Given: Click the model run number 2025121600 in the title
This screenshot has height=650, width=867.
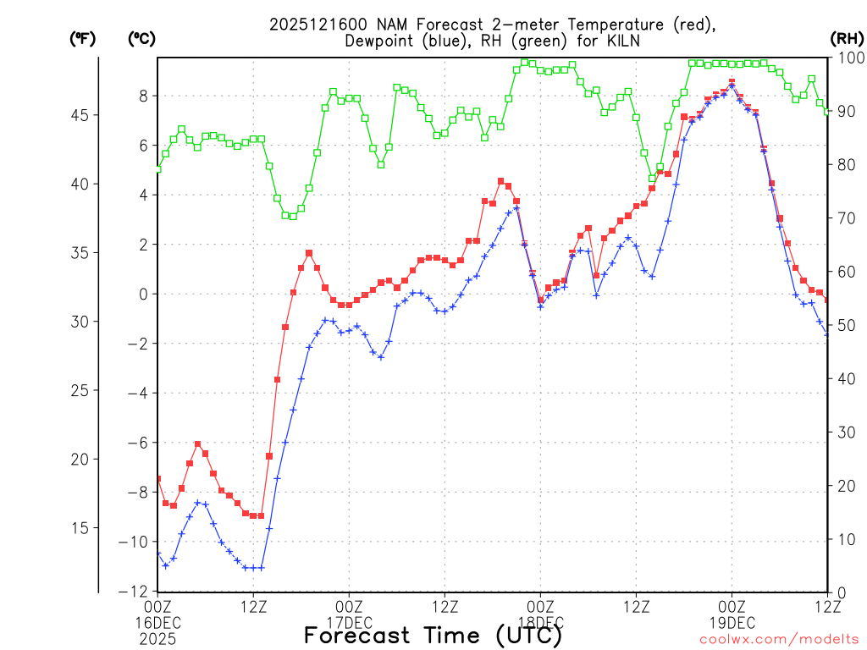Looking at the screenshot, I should [315, 25].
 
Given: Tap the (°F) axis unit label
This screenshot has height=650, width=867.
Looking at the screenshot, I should [83, 38].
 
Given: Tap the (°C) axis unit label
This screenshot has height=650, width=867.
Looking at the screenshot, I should [141, 38].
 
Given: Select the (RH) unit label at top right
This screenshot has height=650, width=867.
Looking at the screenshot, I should [847, 38].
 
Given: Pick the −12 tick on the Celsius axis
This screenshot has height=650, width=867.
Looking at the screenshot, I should [138, 591].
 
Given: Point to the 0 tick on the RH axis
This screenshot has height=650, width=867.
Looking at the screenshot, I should [839, 592].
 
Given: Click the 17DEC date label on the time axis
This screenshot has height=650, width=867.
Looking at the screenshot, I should [349, 621].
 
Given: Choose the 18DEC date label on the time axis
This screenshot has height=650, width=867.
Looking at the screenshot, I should [540, 621].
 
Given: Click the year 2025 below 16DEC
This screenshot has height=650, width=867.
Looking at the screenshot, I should [157, 636].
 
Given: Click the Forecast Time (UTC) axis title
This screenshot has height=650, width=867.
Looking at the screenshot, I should [433, 635].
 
